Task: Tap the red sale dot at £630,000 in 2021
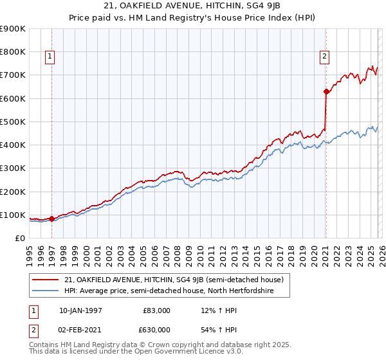(326, 91)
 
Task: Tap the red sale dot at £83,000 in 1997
(52, 219)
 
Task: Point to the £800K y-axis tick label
(13, 52)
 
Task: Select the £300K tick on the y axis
(13, 168)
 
